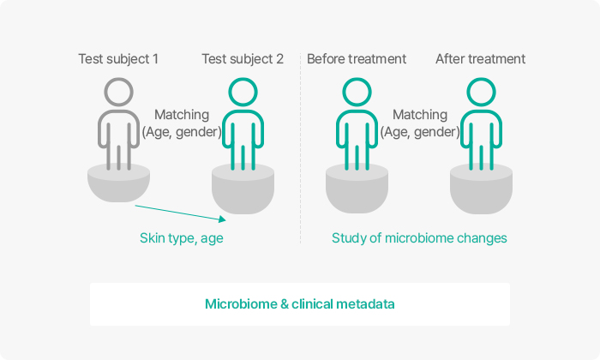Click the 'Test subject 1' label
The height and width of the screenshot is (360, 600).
(118, 59)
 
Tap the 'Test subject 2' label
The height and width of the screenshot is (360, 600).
(243, 59)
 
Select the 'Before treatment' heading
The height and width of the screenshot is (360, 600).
(357, 59)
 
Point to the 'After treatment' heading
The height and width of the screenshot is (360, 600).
(480, 59)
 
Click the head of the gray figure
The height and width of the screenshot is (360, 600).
(118, 79)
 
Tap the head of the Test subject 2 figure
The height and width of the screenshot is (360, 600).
(243, 79)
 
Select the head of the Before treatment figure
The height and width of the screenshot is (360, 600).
(357, 79)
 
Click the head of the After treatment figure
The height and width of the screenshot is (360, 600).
(482, 79)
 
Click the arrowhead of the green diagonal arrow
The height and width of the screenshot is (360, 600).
(223, 219)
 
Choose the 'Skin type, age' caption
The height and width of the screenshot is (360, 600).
(182, 238)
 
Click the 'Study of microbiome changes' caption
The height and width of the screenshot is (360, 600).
(419, 238)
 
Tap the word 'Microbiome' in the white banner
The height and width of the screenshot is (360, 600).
(241, 304)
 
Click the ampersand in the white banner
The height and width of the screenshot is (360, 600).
(285, 304)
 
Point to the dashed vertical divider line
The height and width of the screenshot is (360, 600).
(300, 148)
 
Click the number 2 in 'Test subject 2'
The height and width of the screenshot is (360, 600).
(279, 59)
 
